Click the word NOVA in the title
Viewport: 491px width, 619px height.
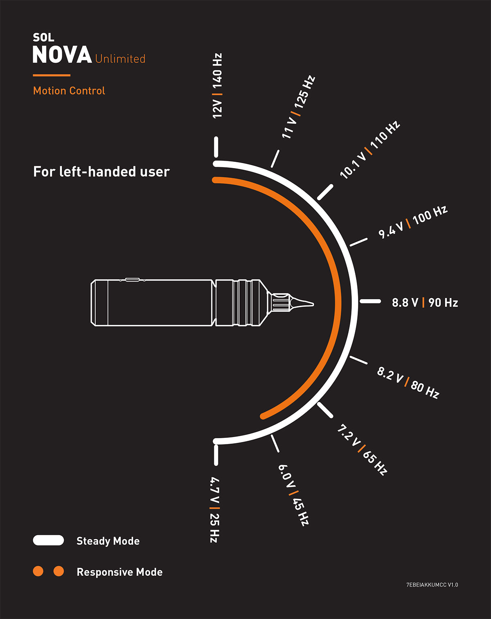62,54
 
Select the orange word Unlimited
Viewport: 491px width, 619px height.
120,59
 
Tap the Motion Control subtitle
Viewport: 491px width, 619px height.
69,91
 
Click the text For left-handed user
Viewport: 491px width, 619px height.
101,171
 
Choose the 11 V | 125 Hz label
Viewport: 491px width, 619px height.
298,107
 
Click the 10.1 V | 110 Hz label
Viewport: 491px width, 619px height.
370,150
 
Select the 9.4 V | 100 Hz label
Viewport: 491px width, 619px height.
413,222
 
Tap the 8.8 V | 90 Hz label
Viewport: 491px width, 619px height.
425,303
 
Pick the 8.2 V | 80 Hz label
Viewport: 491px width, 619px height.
408,383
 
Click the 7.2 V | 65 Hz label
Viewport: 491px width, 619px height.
362,450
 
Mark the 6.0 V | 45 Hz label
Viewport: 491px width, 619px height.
293,495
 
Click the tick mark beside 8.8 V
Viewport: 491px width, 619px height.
370,301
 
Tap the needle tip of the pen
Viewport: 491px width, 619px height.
313,304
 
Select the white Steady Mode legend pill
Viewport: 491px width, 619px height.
48,540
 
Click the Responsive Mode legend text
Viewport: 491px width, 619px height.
119,572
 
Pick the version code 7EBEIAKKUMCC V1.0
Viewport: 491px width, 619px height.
432,585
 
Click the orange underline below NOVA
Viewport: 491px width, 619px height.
52,75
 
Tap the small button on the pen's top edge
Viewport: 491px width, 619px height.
132,279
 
